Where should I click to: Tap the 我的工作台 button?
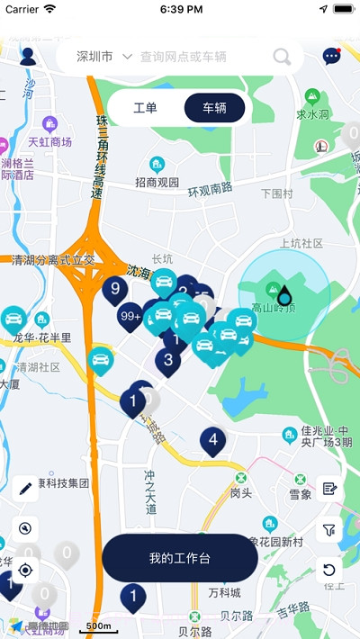point(180,558)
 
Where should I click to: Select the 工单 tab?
point(145,108)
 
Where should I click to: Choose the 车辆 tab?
point(214,108)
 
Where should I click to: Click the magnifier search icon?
point(283,58)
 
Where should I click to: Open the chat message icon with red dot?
point(331,57)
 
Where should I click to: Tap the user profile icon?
point(27,57)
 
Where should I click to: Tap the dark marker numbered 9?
point(115,289)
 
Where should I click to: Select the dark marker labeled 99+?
point(131,316)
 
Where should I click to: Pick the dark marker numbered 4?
point(212,440)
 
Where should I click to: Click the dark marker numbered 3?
point(168,361)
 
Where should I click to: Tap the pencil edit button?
point(25,489)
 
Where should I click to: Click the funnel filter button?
point(329,529)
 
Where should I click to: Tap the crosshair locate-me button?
point(25,570)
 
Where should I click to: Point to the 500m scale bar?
point(99,625)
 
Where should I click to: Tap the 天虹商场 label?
point(49,141)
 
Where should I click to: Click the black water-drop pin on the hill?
point(284,295)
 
